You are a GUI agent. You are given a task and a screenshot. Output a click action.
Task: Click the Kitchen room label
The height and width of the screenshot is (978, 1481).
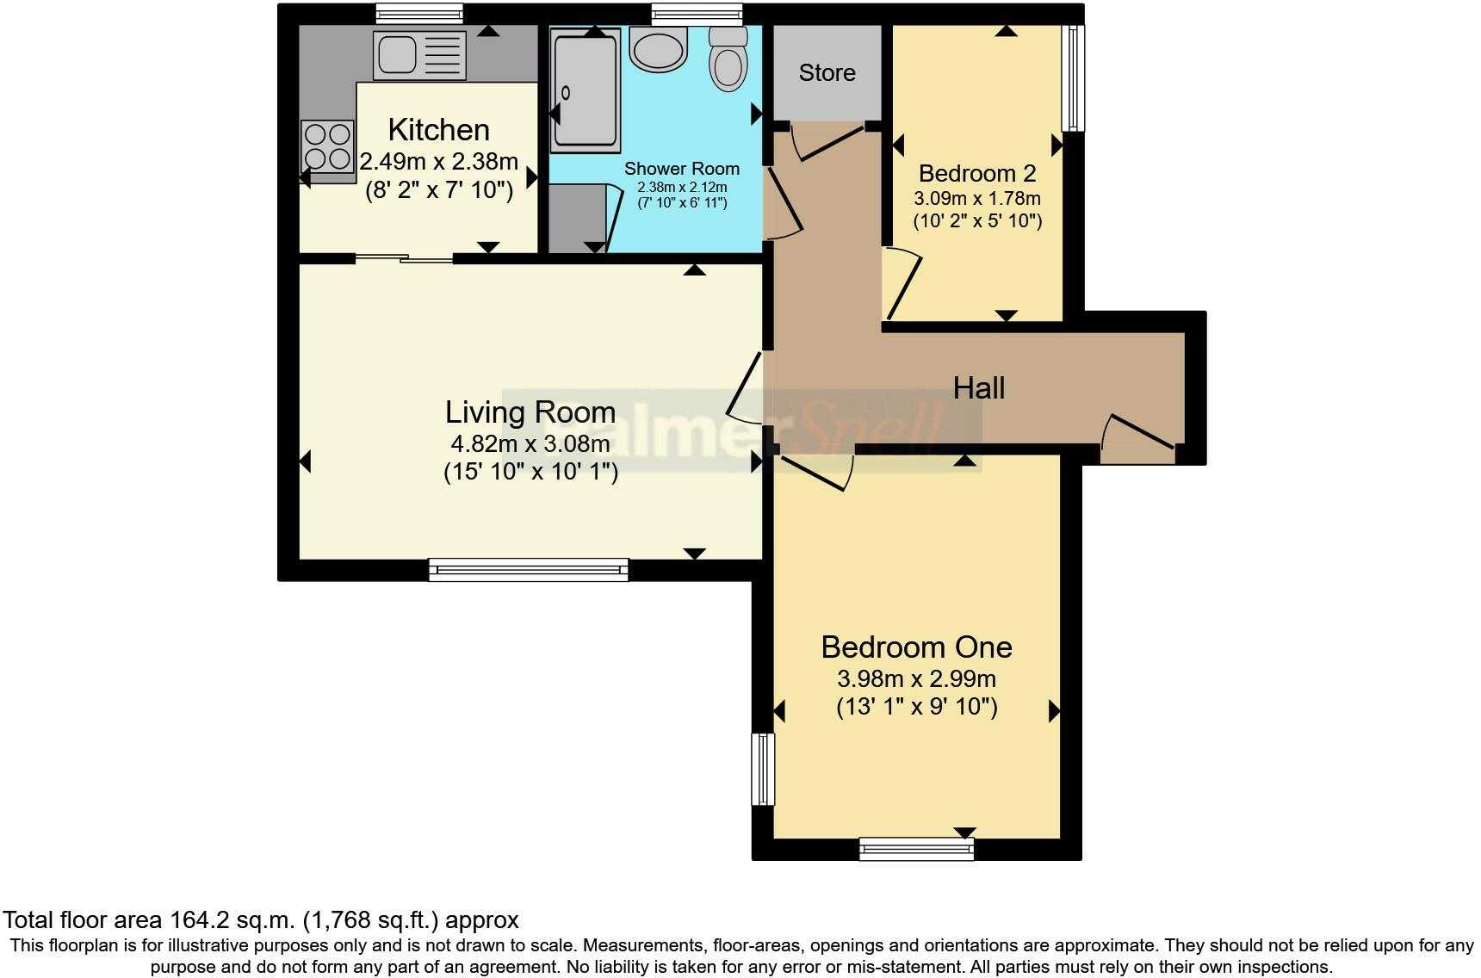coord(438,130)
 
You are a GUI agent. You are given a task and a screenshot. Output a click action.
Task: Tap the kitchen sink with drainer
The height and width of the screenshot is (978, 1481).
coord(419,55)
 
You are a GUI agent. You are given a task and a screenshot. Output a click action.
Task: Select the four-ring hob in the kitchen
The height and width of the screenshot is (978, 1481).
coord(328,146)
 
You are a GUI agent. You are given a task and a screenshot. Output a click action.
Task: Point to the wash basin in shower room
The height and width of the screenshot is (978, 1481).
coord(659,46)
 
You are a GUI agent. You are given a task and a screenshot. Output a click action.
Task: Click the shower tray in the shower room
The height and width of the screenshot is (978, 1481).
coord(586,90)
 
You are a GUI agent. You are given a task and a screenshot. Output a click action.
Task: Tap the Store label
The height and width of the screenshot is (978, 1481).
coord(827,73)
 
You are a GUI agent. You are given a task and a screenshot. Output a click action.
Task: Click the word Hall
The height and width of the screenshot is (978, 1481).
coord(979,388)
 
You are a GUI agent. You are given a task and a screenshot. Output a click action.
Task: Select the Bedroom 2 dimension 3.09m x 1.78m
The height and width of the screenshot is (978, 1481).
coord(977,198)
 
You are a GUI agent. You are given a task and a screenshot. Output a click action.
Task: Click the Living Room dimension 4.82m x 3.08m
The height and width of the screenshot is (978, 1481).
coord(530,444)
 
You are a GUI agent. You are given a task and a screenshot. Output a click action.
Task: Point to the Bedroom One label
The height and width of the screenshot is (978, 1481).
coord(916,647)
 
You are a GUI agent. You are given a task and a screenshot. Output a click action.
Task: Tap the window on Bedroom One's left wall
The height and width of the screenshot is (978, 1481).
coord(763,769)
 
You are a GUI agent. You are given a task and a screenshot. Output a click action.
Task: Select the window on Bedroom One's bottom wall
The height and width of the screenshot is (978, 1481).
coord(916,850)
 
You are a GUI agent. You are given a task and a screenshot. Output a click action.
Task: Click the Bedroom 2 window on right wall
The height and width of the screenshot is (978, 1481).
coord(1073,77)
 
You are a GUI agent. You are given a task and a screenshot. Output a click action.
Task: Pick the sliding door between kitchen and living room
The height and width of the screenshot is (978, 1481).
coord(404,257)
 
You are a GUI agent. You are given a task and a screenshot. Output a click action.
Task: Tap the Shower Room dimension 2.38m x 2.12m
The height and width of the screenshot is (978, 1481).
coord(681,187)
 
